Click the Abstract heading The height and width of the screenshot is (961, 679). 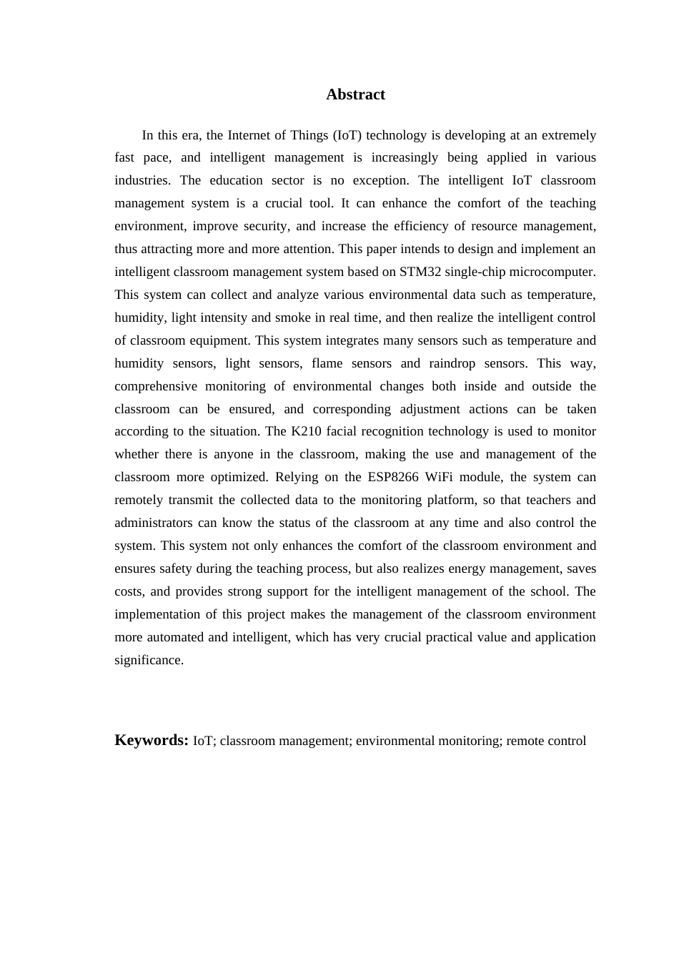click(355, 94)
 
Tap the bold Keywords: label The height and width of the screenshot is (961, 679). click(152, 740)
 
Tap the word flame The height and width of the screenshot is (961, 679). click(327, 363)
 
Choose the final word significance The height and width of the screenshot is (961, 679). click(149, 660)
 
